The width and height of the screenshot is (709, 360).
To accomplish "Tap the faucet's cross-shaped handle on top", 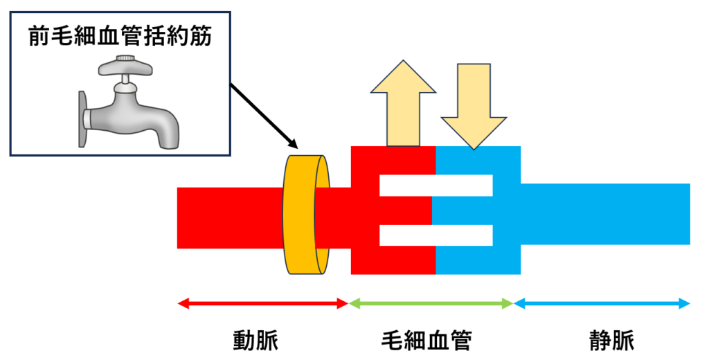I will tap(126, 68).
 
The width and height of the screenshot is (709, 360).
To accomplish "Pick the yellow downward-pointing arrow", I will tap(473, 104).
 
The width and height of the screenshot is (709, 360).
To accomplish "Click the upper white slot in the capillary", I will tap(436, 185).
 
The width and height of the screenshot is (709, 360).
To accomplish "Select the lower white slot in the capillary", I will tap(436, 235).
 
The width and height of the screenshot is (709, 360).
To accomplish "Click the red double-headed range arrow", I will tap(262, 303).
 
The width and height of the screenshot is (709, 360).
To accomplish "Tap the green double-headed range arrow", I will tap(431, 303).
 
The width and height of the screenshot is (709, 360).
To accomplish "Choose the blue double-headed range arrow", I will tap(602, 303).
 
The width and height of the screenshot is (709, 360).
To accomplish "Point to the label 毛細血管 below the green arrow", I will tap(427, 340).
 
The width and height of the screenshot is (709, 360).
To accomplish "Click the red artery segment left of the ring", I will tap(228, 217).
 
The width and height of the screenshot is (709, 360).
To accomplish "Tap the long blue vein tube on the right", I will tap(606, 214).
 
